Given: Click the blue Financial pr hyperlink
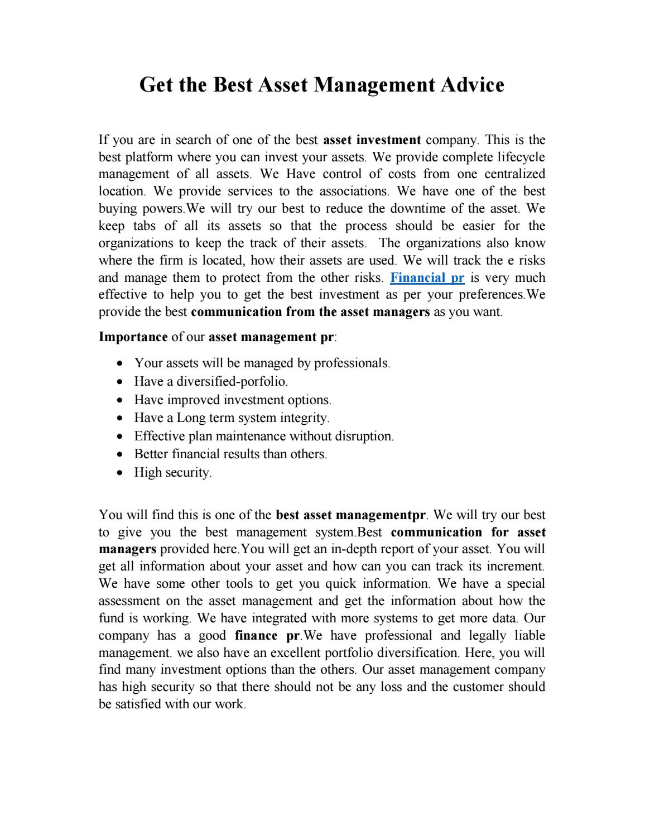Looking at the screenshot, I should point(427,278).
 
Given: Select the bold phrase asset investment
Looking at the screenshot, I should point(372,140).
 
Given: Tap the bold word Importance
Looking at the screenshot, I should point(133,337).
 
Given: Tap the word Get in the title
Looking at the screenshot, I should point(156,85).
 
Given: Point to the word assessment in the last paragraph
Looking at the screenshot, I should point(130,601).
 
